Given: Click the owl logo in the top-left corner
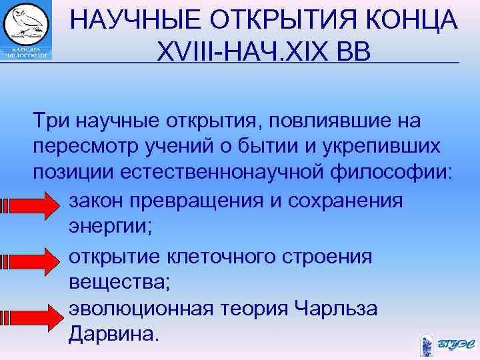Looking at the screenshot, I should [x=26, y=30].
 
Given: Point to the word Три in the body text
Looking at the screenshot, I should [x=52, y=122].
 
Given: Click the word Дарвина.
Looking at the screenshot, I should [x=114, y=333].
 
